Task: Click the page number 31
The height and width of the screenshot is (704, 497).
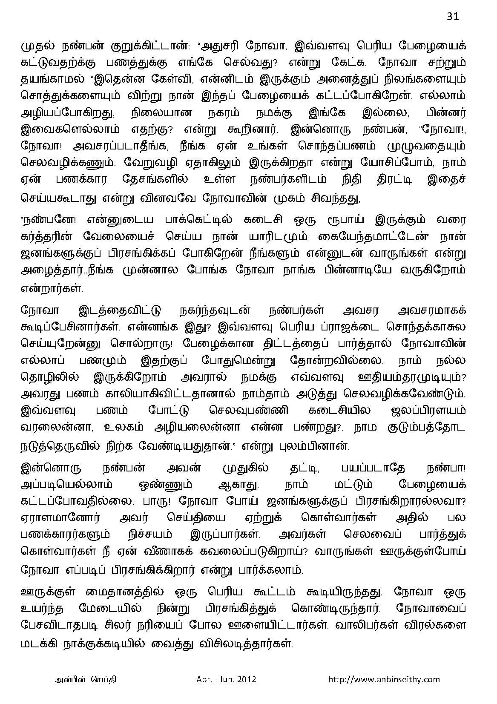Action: click(x=452, y=16)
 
